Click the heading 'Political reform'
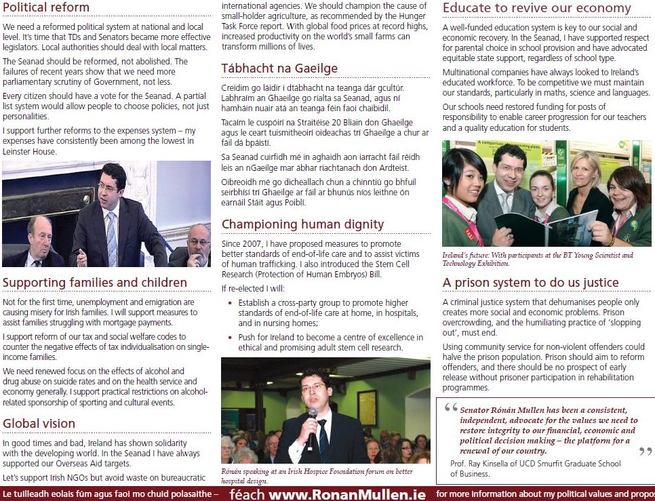click(46, 8)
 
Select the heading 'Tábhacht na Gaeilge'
click(279, 68)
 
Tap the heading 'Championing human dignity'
click(302, 224)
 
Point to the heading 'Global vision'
click(39, 424)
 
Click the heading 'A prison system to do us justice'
click(530, 283)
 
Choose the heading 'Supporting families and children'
click(95, 283)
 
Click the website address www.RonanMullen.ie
click(347, 494)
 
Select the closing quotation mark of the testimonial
click(645, 452)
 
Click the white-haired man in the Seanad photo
click(39, 237)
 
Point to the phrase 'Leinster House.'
click(30, 151)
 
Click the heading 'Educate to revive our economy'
click(536, 8)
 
